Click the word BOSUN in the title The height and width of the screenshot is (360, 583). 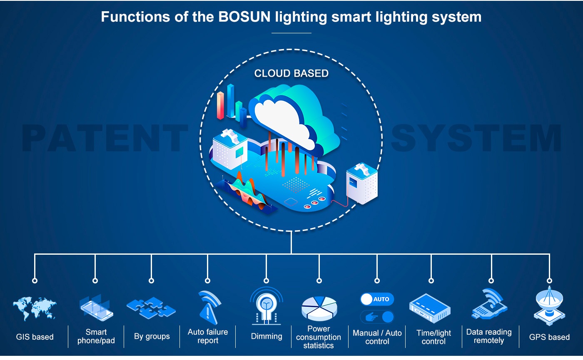coord(244,17)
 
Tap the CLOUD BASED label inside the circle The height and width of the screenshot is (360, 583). coord(291,73)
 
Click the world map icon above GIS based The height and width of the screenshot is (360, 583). coord(35,308)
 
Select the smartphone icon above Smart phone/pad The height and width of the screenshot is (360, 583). coord(96,309)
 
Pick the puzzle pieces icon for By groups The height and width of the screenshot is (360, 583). coord(151,308)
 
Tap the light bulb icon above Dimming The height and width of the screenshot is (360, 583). coord(266,306)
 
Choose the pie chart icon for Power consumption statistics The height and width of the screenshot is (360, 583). coord(319,309)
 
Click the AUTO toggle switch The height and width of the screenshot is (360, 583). coord(377,299)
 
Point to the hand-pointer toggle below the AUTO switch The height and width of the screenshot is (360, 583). coord(377,317)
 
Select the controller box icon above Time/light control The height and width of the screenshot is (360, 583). coord(430,308)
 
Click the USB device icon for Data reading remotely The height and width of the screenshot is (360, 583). coord(490,304)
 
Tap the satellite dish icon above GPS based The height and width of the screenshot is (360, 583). coord(549,306)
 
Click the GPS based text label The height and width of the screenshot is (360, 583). coord(549,337)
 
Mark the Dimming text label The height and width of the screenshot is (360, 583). coord(267,336)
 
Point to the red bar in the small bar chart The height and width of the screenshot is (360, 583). coord(220,105)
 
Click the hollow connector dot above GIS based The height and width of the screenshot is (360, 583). coord(35,281)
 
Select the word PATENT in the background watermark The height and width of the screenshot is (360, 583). coord(105,138)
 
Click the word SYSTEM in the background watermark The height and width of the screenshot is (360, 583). coord(476,138)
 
